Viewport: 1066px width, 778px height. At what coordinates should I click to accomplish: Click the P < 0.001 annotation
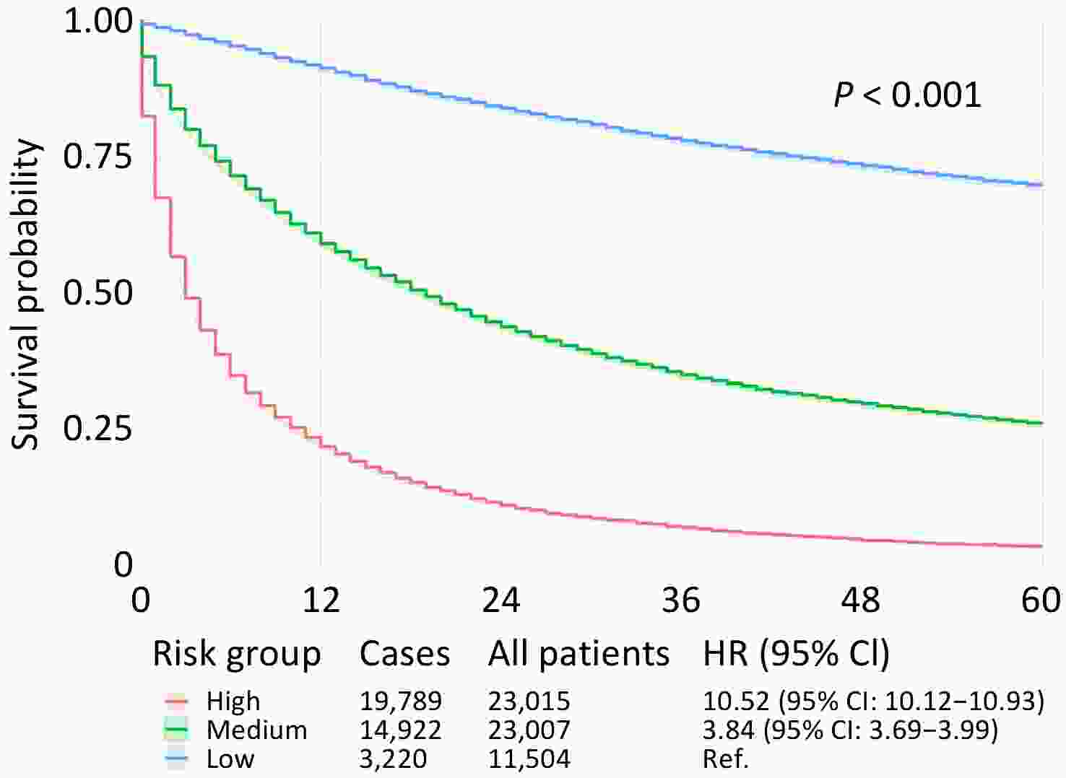[907, 95]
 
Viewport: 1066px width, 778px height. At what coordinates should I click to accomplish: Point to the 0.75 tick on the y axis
[98, 157]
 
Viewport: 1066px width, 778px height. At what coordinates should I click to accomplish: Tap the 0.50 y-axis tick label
[98, 292]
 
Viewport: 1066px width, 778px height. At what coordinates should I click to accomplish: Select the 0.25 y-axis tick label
[98, 428]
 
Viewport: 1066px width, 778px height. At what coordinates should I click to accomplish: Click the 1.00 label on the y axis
[98, 21]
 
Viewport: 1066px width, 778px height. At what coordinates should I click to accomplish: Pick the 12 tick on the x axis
[321, 600]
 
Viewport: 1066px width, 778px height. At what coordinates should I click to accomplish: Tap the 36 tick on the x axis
[681, 600]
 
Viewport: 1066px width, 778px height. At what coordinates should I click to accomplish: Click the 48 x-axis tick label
[861, 600]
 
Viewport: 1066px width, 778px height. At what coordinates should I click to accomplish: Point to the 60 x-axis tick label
[1041, 600]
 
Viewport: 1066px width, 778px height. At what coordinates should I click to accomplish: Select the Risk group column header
[237, 655]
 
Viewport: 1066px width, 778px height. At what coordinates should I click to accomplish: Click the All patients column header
[578, 654]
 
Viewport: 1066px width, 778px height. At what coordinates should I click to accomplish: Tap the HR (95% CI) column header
[796, 654]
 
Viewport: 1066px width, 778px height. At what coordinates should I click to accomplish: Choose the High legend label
[233, 701]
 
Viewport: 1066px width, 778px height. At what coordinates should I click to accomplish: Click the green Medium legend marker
[176, 730]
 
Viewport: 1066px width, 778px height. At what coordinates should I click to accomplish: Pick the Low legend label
[230, 759]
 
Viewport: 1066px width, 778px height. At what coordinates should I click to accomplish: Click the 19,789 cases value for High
[401, 701]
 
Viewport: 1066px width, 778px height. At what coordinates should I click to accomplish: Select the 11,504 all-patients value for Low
[529, 759]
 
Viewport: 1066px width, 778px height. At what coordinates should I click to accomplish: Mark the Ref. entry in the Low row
[725, 759]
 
